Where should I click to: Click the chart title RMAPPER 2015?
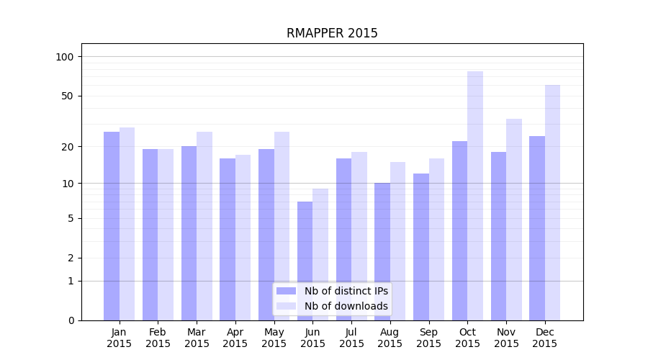tap(332, 33)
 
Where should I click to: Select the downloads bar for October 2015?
tap(475, 195)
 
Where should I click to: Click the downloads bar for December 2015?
tap(552, 202)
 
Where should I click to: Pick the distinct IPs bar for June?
tap(305, 261)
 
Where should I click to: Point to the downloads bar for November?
tap(514, 219)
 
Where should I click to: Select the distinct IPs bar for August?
tap(382, 251)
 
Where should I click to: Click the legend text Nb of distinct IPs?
tap(346, 291)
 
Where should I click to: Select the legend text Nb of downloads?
tap(346, 306)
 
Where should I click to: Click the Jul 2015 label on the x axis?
tap(351, 338)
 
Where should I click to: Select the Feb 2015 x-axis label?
tap(158, 338)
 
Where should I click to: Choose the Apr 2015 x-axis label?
tap(235, 338)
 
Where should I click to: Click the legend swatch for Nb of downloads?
tap(286, 306)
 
